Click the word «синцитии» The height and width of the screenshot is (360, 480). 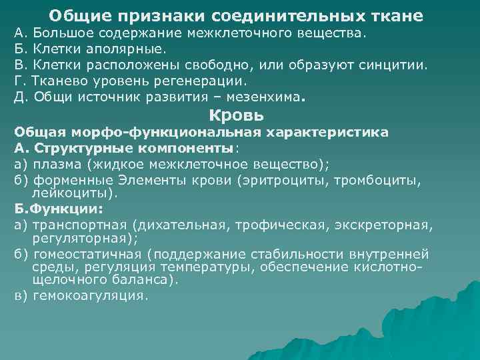[397, 65]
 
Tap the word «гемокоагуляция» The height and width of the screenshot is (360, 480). [89, 295]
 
